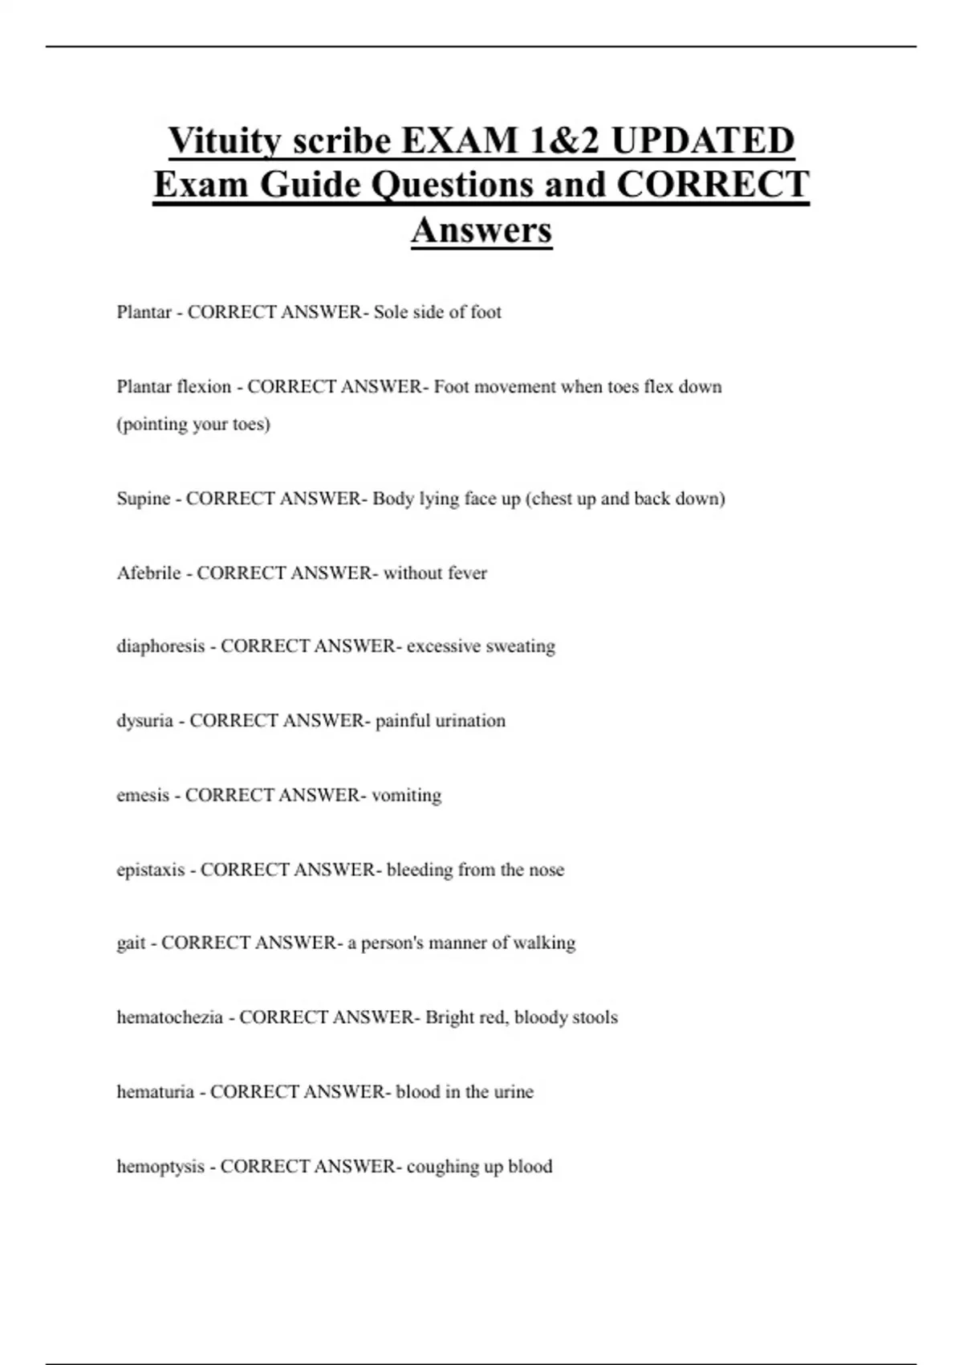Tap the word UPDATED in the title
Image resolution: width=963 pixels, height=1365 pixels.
click(702, 141)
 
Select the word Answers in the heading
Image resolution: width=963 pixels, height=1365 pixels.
click(481, 230)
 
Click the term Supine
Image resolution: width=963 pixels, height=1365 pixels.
click(144, 499)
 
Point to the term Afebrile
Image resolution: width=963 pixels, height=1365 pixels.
click(148, 573)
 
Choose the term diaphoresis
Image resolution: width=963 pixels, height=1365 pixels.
click(160, 646)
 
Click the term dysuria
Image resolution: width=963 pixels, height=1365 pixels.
click(144, 721)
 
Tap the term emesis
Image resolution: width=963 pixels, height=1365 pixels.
click(143, 796)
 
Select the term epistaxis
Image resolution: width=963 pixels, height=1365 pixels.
click(150, 870)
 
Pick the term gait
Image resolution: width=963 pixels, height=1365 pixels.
click(131, 943)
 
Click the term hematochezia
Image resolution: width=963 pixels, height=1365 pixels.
click(169, 1017)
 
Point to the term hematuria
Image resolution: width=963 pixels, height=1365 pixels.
click(155, 1092)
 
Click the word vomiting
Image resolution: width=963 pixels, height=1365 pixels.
click(406, 796)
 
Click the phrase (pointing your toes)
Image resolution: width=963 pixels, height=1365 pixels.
click(193, 424)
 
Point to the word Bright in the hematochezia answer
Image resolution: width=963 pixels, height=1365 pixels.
click(449, 1017)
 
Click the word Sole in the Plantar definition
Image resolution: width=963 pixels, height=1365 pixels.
click(390, 312)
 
